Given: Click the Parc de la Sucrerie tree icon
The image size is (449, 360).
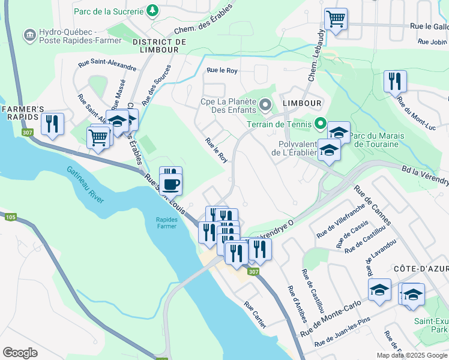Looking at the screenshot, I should (x=152, y=11).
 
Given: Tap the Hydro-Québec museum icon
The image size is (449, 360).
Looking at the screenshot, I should (x=29, y=36).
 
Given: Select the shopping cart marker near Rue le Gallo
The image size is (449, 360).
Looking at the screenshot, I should (x=336, y=18).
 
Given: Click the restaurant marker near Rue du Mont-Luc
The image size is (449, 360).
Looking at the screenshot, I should (x=395, y=81).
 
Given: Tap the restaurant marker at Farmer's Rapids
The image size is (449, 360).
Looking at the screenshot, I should (x=52, y=124).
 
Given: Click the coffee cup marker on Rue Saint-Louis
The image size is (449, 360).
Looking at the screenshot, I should (x=170, y=184).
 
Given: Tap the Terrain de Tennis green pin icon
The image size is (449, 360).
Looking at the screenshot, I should (x=321, y=125).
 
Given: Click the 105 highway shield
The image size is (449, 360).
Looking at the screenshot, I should (x=10, y=217).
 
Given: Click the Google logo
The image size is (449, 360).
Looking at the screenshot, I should (x=20, y=352).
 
